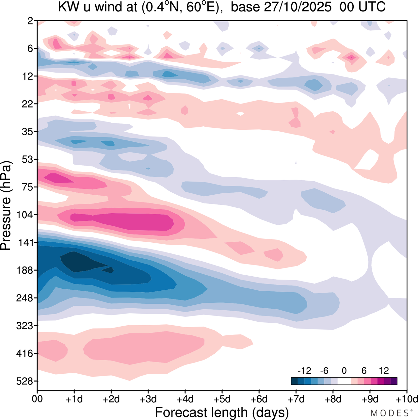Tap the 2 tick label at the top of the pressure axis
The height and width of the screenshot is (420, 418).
point(30,21)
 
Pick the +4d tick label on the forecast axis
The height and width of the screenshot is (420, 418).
point(185,399)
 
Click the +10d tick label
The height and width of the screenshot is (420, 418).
point(407,399)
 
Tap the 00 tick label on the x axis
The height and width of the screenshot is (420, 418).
point(37,399)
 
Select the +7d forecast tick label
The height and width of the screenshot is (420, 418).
point(296,399)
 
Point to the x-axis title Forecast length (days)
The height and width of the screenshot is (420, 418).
point(222,412)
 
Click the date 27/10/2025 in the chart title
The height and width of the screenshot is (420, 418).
point(297,7)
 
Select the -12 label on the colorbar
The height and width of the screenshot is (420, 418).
point(304,371)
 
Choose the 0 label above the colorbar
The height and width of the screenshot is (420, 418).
point(344,371)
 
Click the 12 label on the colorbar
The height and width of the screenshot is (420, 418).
point(384,371)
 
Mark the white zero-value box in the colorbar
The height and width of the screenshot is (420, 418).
point(344,381)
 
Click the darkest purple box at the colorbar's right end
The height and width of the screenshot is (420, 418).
point(394,381)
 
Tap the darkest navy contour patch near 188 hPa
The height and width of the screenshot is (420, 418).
point(78,261)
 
